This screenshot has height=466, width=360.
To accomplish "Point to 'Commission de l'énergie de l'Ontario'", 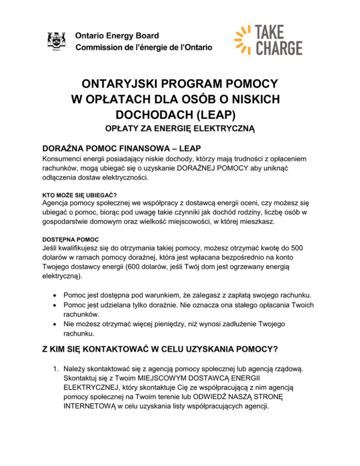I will (144, 47).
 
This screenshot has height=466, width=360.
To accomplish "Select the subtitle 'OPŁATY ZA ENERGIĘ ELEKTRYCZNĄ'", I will (180, 128).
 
